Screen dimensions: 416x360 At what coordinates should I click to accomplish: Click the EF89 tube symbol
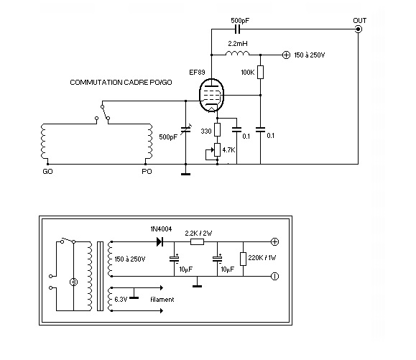[x=211, y=95]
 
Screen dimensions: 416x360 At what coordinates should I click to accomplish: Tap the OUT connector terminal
[x=359, y=29]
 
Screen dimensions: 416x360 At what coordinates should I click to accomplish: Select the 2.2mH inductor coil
[x=237, y=53]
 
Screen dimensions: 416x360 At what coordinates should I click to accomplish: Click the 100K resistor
[x=261, y=72]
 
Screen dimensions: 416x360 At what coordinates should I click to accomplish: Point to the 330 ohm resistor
[x=217, y=130]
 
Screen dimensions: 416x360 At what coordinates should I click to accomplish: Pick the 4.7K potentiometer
[x=217, y=150]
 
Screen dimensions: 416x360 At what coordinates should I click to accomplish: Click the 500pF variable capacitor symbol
[x=185, y=130]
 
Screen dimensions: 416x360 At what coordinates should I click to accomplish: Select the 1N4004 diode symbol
[x=160, y=241]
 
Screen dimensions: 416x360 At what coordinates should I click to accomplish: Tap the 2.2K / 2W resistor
[x=197, y=241]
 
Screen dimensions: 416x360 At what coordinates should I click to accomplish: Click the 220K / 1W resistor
[x=243, y=259]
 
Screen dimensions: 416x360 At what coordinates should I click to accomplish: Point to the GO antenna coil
[x=44, y=142]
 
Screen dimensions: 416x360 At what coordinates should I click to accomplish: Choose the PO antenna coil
[x=149, y=142]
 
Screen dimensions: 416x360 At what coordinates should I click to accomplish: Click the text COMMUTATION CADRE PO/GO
[x=121, y=83]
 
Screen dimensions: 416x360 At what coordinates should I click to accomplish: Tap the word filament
[x=162, y=300]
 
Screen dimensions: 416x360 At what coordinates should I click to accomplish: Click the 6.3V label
[x=121, y=300]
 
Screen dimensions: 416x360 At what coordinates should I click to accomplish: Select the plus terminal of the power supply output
[x=274, y=241]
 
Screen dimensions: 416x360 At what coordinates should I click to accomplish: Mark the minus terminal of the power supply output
[x=274, y=276]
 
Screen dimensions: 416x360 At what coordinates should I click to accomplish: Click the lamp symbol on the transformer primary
[x=73, y=282]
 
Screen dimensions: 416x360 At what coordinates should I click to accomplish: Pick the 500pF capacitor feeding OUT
[x=238, y=29]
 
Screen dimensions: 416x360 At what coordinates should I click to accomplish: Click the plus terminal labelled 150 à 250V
[x=286, y=55]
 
